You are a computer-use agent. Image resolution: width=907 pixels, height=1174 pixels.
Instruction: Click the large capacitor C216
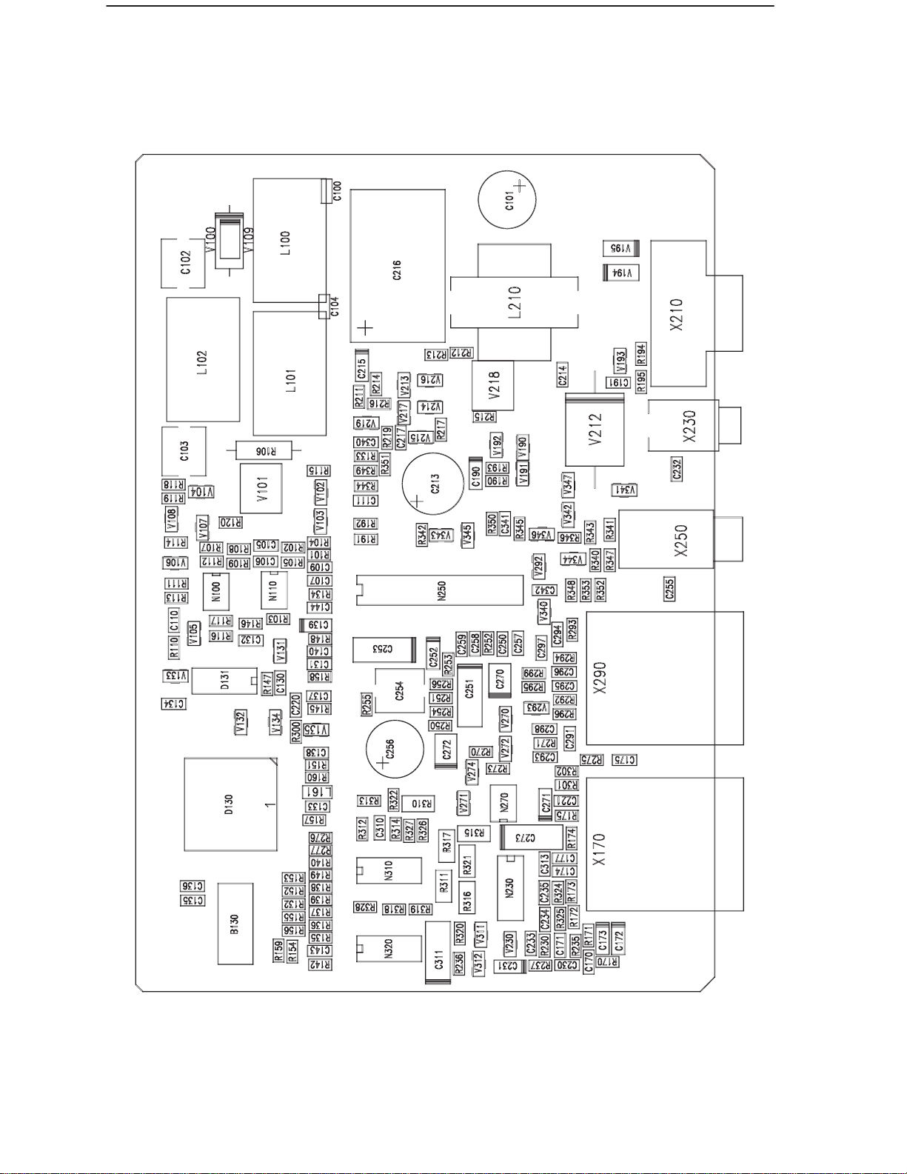[398, 265]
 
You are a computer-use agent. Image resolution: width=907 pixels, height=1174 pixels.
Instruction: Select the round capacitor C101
[507, 200]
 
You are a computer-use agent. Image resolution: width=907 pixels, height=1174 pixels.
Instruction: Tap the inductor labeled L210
[515, 301]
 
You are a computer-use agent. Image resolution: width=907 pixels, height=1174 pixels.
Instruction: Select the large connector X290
[664, 678]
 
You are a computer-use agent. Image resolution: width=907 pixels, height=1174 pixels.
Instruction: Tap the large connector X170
[664, 844]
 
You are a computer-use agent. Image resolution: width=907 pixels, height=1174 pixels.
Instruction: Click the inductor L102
[203, 359]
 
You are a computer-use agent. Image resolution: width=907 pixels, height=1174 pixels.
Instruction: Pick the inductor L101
[289, 373]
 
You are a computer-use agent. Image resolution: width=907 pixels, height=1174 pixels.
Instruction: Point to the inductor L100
[289, 241]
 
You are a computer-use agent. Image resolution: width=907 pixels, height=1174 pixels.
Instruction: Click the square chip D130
[230, 804]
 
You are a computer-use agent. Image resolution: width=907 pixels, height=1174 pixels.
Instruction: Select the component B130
[235, 923]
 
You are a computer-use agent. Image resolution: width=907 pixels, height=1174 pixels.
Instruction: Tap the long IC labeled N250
[439, 590]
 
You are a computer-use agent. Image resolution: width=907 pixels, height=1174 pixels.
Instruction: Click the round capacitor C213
[434, 484]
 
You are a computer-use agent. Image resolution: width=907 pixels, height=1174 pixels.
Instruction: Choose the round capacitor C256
[395, 748]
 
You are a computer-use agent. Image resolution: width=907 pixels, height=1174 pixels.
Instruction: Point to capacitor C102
[184, 263]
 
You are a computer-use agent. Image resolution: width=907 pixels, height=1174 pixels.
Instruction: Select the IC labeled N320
[389, 947]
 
